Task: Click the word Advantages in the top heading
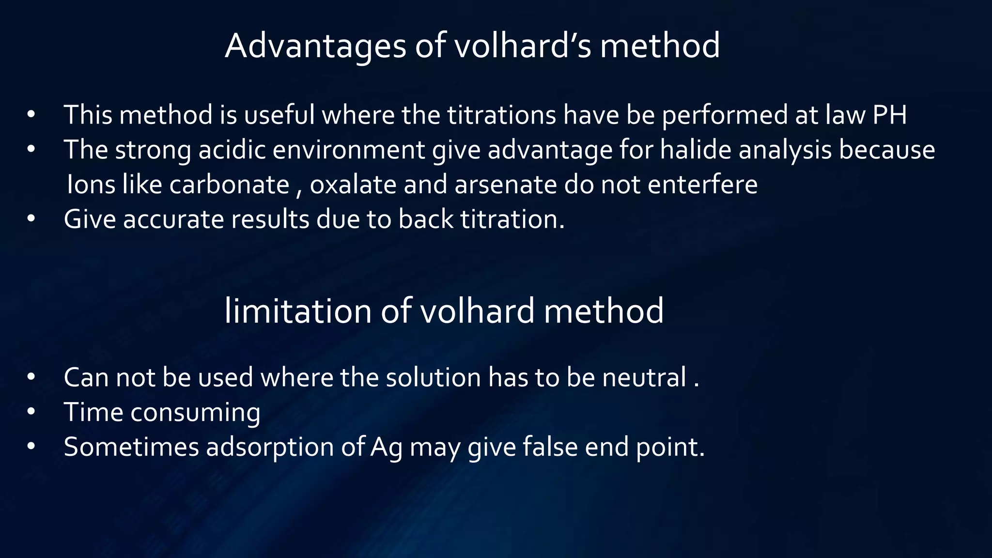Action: pos(315,46)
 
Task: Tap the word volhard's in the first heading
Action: pos(523,46)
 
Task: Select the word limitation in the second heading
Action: pos(298,311)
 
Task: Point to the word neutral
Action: pos(644,377)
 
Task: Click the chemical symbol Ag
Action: pos(387,447)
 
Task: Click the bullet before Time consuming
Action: pos(31,412)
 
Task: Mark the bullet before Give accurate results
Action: pos(31,219)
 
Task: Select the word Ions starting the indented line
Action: pos(91,185)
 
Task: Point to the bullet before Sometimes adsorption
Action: pos(31,447)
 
